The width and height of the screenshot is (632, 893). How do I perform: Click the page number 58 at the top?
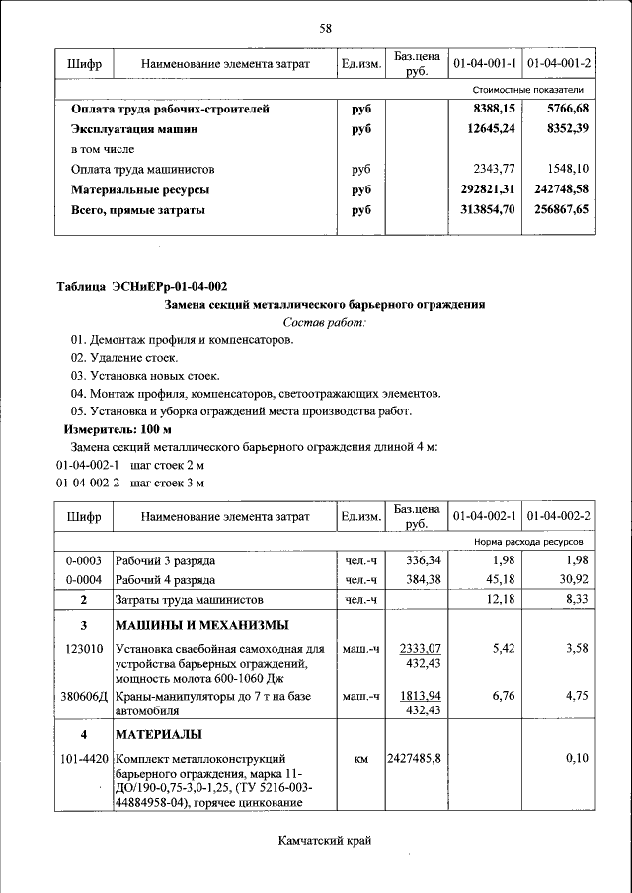(x=325, y=27)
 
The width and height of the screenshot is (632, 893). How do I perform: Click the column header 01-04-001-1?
(x=485, y=64)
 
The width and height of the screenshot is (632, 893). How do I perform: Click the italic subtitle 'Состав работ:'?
(x=324, y=323)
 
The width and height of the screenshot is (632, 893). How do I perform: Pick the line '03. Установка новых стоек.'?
(x=144, y=376)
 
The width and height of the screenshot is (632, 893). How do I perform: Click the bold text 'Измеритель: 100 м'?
(x=118, y=430)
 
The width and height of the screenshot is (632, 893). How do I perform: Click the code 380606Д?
(x=83, y=697)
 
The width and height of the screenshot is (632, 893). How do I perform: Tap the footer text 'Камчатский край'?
(x=324, y=841)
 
